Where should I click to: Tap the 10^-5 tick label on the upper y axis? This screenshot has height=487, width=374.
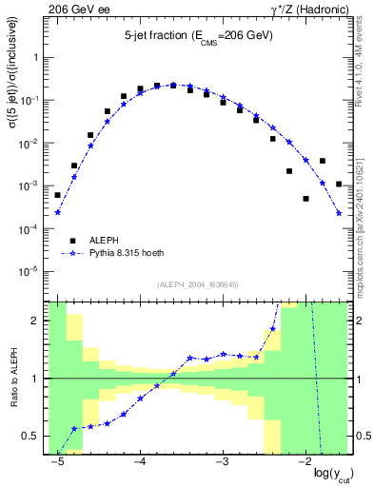pyautogui.click(x=31, y=272)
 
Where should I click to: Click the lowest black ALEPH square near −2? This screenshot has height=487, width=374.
pyautogui.click(x=305, y=199)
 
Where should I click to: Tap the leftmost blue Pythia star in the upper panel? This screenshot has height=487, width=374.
pyautogui.click(x=58, y=212)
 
